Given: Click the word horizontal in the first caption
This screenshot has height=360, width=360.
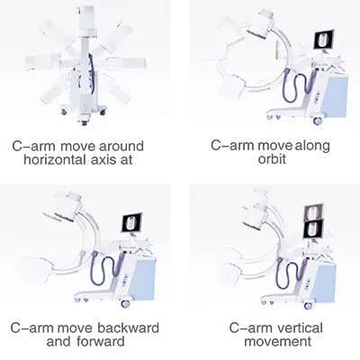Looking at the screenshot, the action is (54, 159).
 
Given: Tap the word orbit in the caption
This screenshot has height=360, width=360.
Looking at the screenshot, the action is (272, 158).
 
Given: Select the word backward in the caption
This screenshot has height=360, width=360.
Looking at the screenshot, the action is (128, 328).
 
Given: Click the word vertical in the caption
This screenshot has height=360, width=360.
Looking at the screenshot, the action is (300, 328).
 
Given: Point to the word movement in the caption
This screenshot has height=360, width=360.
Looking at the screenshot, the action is (277, 341).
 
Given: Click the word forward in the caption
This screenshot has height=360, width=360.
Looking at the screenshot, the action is (101, 341).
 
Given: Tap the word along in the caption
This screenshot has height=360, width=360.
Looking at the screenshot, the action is (312, 146).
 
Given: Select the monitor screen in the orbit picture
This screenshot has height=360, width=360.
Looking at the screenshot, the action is (324, 40).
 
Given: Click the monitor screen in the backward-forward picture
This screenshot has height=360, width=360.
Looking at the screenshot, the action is (131, 222).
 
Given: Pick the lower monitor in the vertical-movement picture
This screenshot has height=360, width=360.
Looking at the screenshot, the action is (313, 229).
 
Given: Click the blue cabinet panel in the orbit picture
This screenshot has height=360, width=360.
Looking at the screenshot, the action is (336, 96).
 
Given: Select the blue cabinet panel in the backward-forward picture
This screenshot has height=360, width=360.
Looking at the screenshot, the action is (143, 279).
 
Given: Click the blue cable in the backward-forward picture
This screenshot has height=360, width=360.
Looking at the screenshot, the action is (105, 269).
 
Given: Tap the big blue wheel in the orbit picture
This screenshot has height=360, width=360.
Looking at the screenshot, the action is (318, 121).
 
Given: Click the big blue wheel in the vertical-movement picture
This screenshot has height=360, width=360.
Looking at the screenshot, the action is (308, 306).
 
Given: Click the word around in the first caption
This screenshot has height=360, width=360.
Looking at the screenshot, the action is (121, 146).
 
